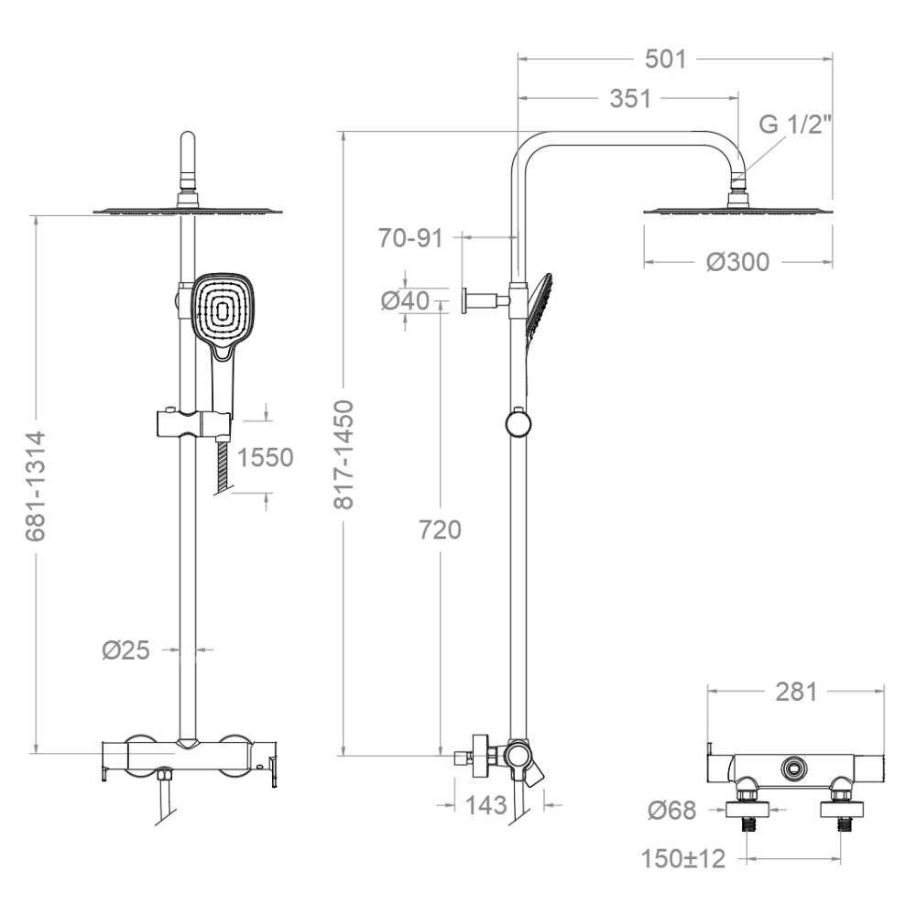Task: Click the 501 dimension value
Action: pos(665,59)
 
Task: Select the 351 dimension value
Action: pos(630,99)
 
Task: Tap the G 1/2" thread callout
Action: pos(795,125)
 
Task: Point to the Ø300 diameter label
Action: pos(737,262)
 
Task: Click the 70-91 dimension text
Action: pos(410,238)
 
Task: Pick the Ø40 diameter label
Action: pos(406,300)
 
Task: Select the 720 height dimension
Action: pos(440,529)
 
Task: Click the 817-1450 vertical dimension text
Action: pos(344,454)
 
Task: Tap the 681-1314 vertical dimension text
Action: pos(37,486)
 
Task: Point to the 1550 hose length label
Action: pos(266,457)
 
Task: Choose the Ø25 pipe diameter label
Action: pos(126,649)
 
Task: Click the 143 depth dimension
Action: pos(486,805)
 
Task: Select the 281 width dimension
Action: pos(796,692)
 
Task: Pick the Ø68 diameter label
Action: pos(672,811)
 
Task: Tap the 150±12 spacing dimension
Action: pos(683,859)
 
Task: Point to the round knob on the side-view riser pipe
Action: pos(518,423)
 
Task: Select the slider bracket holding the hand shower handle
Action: pos(192,424)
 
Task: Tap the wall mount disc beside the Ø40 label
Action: pos(465,300)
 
